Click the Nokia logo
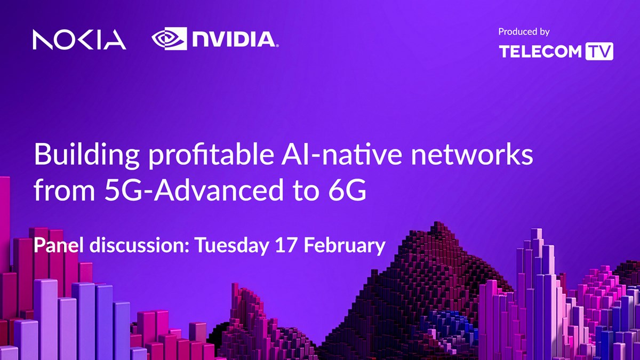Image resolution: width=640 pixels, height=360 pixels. [79, 39]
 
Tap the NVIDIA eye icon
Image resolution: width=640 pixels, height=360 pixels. [169, 38]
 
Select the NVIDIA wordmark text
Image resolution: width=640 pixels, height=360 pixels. [235, 39]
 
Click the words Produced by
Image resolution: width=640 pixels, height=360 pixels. [524, 31]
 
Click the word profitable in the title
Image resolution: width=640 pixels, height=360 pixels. [211, 155]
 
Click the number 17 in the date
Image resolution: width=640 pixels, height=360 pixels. [286, 245]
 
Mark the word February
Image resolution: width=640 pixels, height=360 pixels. [345, 246]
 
